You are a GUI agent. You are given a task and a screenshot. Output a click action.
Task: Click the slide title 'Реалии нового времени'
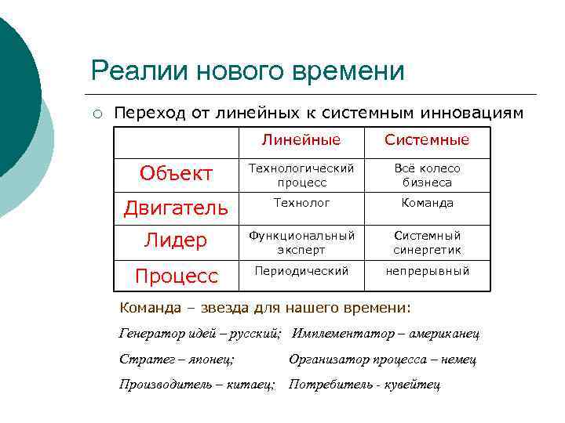247,70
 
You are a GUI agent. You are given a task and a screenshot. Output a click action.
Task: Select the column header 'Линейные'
302,140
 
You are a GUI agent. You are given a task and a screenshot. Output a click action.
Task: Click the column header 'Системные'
427,140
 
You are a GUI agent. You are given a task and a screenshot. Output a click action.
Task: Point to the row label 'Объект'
177,174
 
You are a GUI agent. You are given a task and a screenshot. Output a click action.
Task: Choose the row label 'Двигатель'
177,208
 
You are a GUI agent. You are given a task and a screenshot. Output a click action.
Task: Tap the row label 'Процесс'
177,277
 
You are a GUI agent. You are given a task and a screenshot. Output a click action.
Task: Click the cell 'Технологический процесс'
302,175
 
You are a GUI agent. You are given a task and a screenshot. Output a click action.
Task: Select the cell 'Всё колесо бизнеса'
427,175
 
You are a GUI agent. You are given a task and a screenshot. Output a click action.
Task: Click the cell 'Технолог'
302,203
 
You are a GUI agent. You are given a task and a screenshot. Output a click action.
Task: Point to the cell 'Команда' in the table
427,203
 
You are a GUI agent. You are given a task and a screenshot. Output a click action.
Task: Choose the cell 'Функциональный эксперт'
302,243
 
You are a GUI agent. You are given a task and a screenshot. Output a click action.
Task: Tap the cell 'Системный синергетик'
427,243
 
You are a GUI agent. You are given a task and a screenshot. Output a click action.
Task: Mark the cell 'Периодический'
302,271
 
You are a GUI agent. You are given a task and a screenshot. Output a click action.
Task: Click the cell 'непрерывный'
427,271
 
